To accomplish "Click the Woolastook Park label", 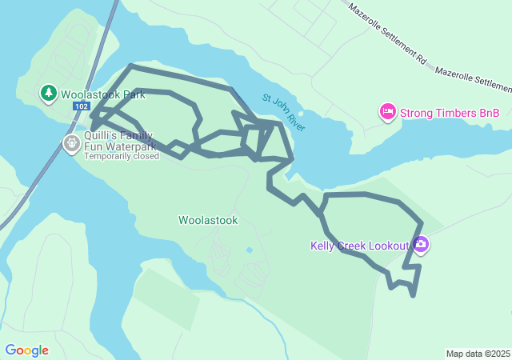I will [103, 94].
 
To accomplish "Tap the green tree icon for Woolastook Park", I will [49, 94].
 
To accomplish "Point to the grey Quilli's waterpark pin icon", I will [71, 143].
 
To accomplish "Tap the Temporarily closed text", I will [122, 156].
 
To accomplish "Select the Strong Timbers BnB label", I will [449, 113].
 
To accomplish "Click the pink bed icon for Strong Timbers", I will [388, 112].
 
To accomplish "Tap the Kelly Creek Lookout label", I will [359, 246].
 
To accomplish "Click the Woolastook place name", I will [208, 220].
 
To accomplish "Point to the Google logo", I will [26, 350].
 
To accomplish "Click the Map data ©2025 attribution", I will [478, 354].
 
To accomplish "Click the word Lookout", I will [387, 246].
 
